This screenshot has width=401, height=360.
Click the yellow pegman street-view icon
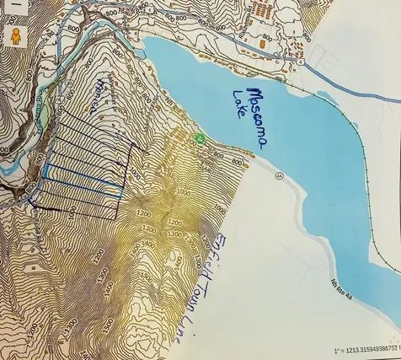point(14,37)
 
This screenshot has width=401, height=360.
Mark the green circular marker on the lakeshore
point(199,137)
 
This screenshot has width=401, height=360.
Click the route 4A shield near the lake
point(279,175)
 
